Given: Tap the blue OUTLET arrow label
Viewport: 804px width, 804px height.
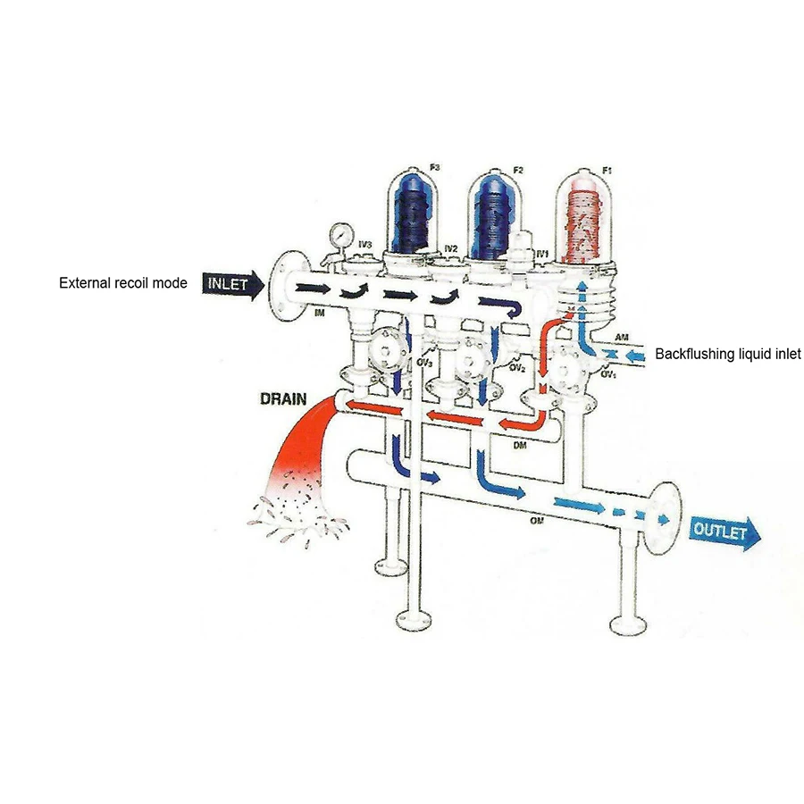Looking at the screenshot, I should [x=725, y=532].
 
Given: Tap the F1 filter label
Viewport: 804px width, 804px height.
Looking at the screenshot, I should [x=607, y=169].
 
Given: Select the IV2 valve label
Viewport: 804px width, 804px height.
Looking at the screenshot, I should [x=451, y=247].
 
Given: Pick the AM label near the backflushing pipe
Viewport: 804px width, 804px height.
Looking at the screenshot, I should [x=622, y=336].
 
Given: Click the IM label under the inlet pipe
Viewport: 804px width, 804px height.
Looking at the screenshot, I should [x=319, y=313].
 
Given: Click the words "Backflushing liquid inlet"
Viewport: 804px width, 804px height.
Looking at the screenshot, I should [x=728, y=355].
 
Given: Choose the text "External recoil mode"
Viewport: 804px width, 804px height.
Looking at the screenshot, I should [x=123, y=283].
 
